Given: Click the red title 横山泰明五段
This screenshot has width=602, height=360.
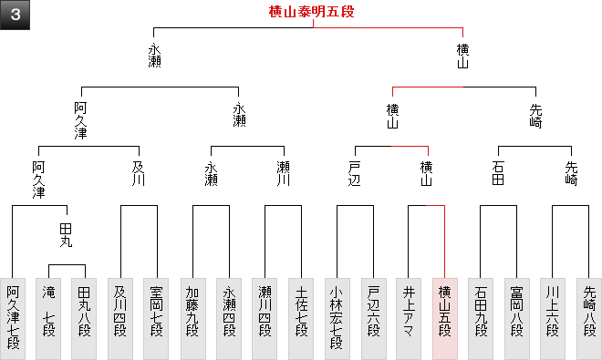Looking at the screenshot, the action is click(311, 12).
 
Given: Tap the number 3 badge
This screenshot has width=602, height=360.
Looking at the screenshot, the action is click(15, 15).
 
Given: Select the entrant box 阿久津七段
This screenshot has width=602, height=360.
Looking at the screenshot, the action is click(13, 319).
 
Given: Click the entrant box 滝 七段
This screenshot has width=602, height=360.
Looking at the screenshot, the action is click(48, 319).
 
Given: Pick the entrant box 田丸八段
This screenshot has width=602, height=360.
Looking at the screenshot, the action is click(84, 319).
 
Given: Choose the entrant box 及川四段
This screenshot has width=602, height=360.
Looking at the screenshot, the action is click(120, 319).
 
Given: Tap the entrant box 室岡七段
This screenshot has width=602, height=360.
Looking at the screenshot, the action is click(156, 319).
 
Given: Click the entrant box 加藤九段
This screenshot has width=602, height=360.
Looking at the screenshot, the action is click(192, 319).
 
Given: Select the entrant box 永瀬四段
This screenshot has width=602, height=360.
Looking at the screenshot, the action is click(229, 319).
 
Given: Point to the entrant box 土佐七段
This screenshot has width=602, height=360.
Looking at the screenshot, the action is click(301, 319).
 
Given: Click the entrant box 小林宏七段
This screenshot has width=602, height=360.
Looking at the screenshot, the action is click(337, 319).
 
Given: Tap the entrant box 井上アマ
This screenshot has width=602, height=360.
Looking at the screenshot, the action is click(409, 319).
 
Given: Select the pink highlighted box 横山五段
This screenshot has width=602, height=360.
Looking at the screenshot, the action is click(445, 319).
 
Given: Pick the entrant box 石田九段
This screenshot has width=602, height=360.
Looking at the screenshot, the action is click(481, 319).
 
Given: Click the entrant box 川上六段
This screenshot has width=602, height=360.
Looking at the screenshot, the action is click(553, 319).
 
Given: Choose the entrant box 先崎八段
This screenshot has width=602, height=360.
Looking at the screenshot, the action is click(589, 319).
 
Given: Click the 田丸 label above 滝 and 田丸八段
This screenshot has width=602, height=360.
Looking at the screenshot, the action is click(66, 235).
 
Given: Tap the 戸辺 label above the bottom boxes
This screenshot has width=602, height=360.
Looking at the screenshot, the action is click(355, 174).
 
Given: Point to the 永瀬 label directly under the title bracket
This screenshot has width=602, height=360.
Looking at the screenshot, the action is click(154, 56).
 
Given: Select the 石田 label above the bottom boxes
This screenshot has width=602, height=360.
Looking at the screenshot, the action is click(498, 173).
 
